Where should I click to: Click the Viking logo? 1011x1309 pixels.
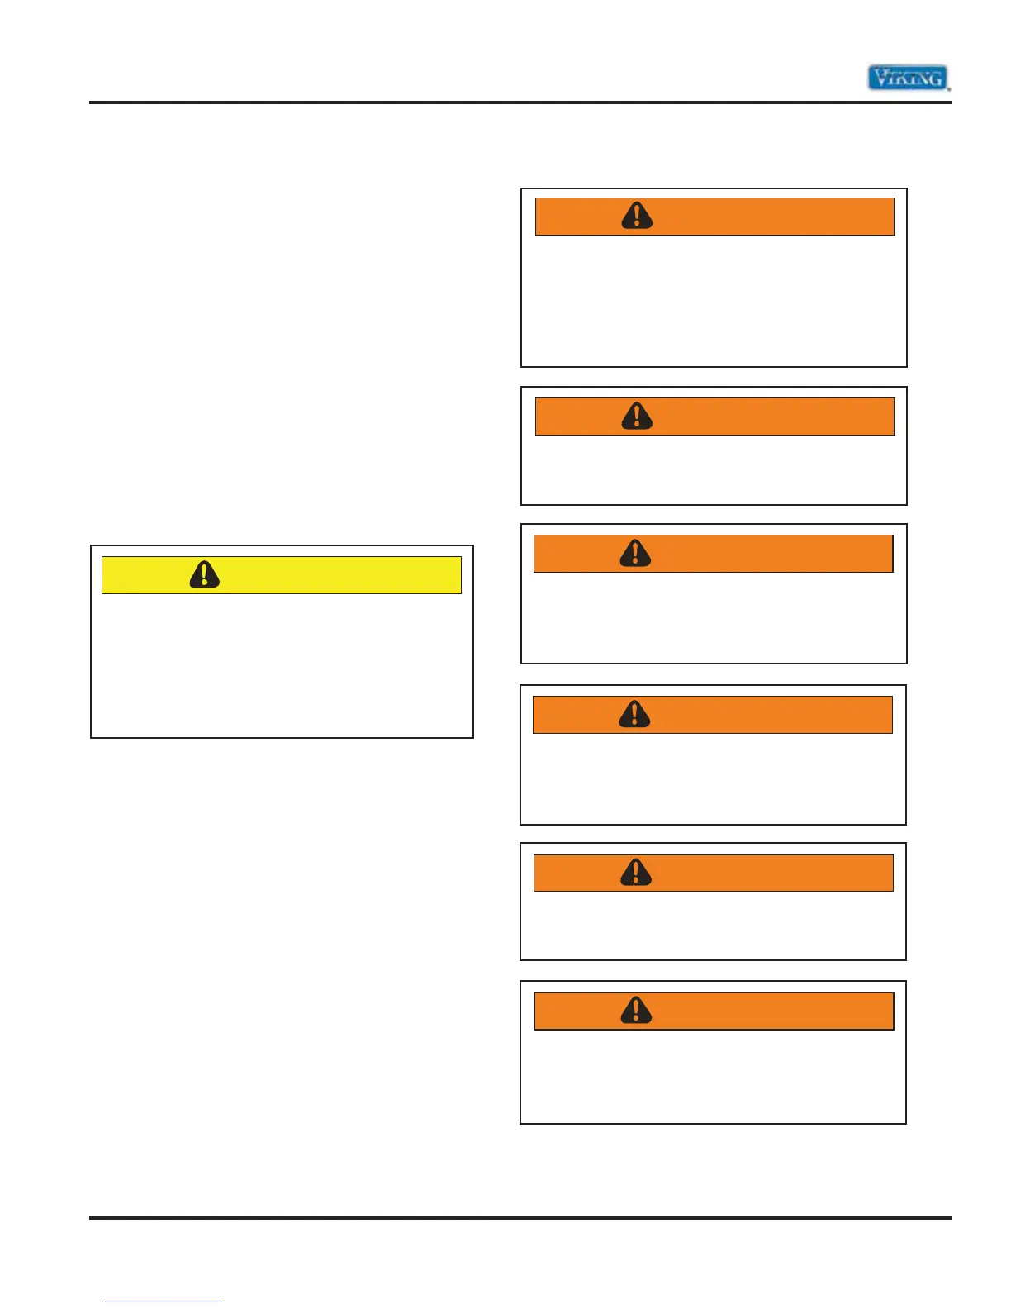click(x=908, y=78)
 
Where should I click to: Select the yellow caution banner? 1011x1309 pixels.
click(x=281, y=574)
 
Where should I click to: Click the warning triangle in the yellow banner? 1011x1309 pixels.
click(x=204, y=574)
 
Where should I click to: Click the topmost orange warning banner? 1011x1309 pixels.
click(x=714, y=217)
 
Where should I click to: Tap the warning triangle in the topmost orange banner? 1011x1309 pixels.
click(x=637, y=216)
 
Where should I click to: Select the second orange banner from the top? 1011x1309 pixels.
click(x=714, y=416)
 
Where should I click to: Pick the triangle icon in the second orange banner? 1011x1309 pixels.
click(x=637, y=416)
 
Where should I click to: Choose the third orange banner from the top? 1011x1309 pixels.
click(x=713, y=554)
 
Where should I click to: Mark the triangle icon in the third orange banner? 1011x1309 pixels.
click(x=635, y=553)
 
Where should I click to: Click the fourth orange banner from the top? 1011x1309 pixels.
click(x=712, y=715)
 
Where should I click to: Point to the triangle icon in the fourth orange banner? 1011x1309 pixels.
click(x=634, y=714)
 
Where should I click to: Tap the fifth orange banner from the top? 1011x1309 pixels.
click(x=713, y=873)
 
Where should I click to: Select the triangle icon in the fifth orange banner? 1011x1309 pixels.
click(x=635, y=872)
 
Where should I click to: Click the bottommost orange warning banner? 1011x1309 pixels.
click(x=714, y=1011)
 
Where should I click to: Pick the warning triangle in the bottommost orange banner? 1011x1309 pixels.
click(x=636, y=1010)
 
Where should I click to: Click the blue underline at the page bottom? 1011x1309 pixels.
click(x=164, y=1302)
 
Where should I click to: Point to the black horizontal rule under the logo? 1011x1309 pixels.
click(x=520, y=102)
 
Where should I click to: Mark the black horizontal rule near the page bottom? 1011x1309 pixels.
click(x=520, y=1217)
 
